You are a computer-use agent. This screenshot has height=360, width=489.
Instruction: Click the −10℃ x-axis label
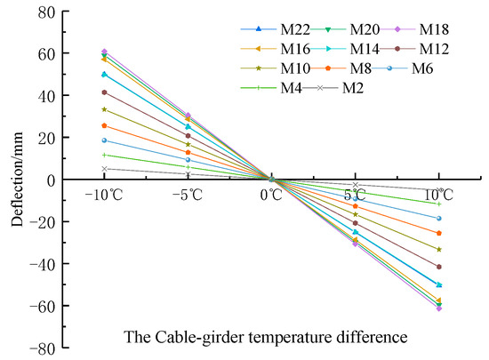pyautogui.click(x=104, y=194)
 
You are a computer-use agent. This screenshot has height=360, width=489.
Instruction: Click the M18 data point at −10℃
pyautogui.click(x=104, y=52)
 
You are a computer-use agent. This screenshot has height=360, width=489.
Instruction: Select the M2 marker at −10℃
pyautogui.click(x=104, y=169)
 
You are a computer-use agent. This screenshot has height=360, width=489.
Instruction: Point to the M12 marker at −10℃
pyautogui.click(x=104, y=92)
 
